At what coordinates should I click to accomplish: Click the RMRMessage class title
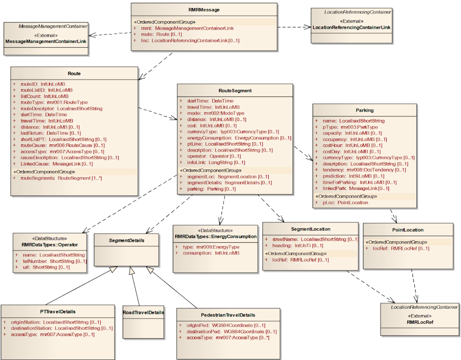(204, 10)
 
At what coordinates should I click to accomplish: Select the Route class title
(74, 74)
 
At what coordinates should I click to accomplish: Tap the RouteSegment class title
(235, 91)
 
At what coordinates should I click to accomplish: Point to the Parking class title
(364, 110)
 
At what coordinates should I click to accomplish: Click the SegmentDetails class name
(127, 241)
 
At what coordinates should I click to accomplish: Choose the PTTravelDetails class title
(58, 312)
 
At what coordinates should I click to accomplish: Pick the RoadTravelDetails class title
(143, 313)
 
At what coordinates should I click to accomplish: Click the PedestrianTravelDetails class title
(228, 315)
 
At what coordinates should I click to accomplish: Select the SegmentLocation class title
(310, 229)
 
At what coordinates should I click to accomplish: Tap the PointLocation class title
(408, 230)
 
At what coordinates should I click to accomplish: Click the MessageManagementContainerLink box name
(46, 41)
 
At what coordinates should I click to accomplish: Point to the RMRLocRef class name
(420, 322)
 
